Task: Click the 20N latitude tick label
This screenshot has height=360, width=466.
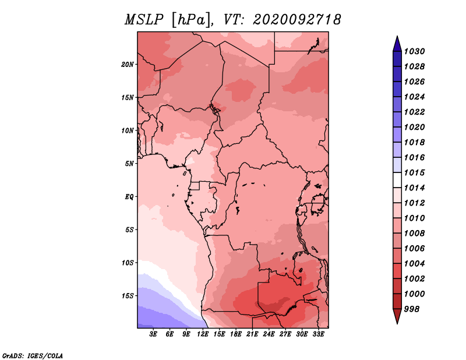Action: coord(128,65)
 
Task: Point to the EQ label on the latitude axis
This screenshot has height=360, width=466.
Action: coord(129,197)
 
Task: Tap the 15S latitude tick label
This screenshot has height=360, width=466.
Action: coord(128,296)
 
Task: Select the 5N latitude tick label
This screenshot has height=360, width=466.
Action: coord(129,164)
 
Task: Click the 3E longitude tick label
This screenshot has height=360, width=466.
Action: coord(153,334)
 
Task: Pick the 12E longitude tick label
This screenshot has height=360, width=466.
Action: coord(203,334)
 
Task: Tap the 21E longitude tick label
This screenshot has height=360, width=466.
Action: coord(252,334)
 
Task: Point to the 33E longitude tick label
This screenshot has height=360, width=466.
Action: coord(319,334)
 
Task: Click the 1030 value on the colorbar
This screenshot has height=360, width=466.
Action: coord(414,51)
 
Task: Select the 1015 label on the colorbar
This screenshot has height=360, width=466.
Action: coord(414,172)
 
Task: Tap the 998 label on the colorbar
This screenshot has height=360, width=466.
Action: coord(412,309)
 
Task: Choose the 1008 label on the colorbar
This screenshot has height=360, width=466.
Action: coord(414,234)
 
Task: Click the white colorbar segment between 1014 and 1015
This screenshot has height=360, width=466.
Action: coord(397,180)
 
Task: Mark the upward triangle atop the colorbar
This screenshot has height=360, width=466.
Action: coord(397,44)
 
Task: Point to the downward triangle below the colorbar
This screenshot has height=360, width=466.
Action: coord(397,316)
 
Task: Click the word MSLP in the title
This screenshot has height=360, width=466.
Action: coord(144,20)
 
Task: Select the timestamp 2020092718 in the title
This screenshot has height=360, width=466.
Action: coord(297,20)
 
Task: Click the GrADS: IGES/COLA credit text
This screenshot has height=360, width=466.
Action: coord(33,356)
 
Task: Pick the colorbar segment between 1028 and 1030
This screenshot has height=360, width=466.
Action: coord(397,59)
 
